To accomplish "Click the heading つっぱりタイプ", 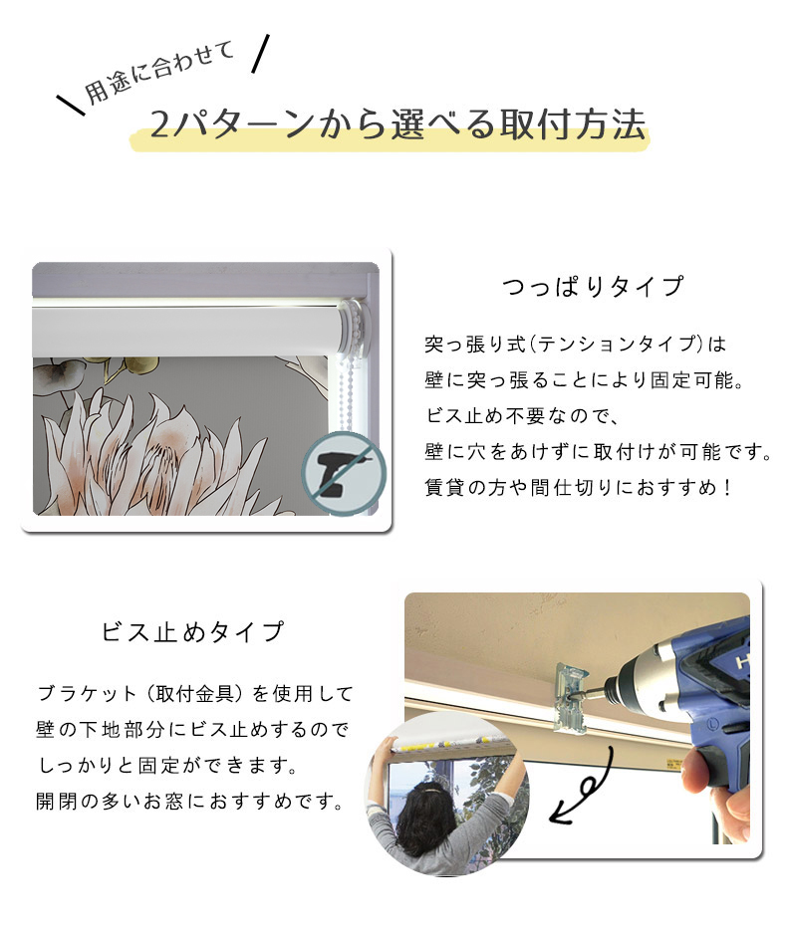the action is click(593, 287).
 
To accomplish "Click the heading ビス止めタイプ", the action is click(192, 632).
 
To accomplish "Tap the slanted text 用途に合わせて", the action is click(158, 73).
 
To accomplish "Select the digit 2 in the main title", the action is click(159, 124).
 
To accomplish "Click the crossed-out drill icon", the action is click(343, 473).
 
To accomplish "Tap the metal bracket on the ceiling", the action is click(571, 697).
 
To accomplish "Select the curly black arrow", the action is click(583, 787).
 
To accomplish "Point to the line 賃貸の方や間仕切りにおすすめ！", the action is click(579, 488).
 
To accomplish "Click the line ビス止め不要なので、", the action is click(522, 416).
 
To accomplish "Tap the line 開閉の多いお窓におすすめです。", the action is click(190, 801).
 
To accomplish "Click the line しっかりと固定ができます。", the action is click(167, 765).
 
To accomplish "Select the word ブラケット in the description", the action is click(88, 694).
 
